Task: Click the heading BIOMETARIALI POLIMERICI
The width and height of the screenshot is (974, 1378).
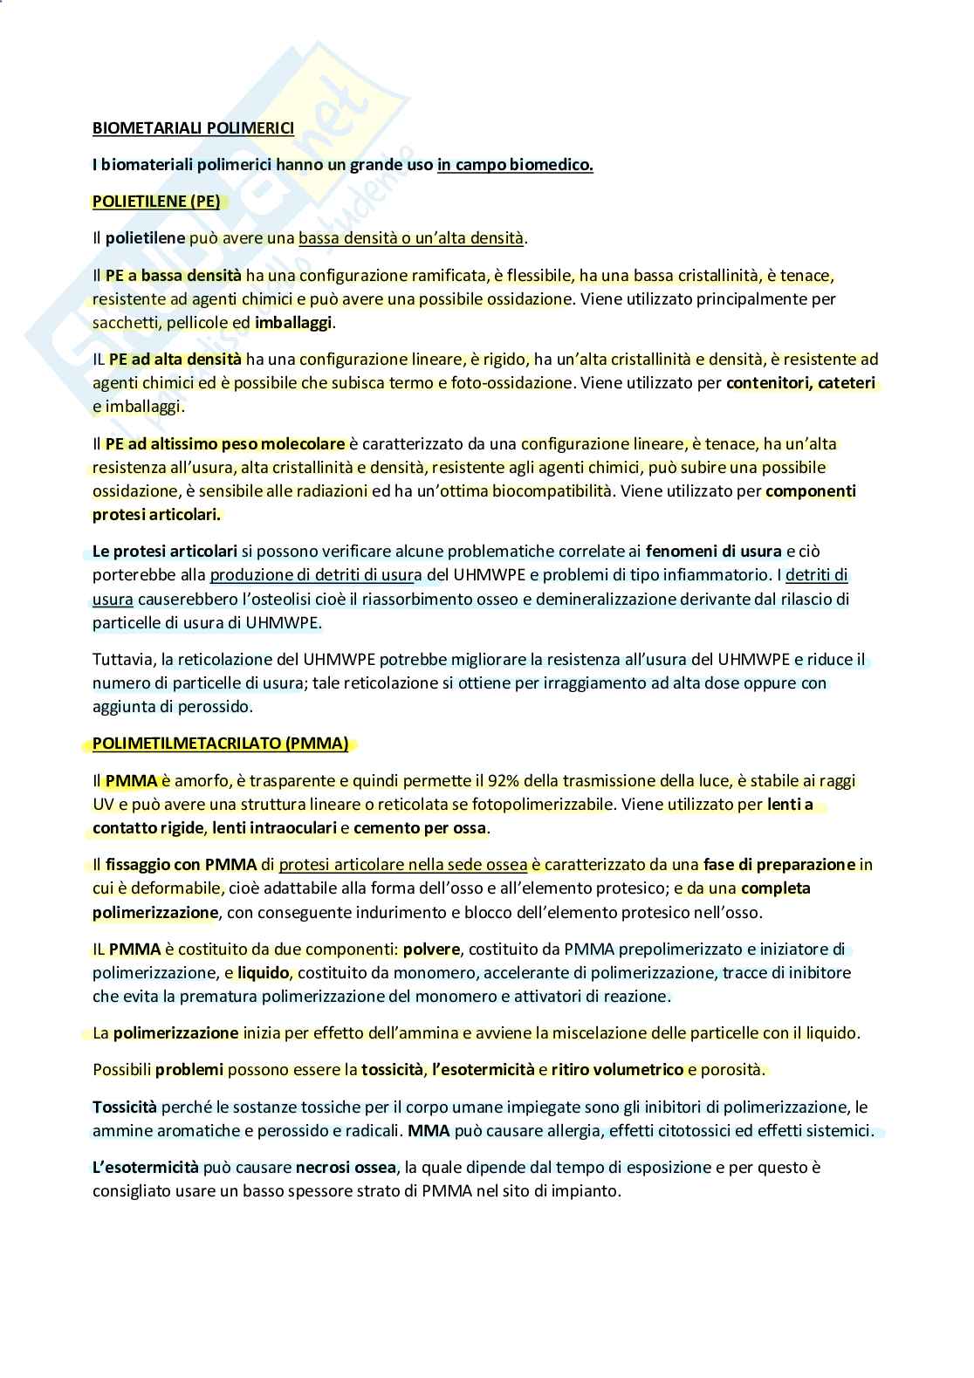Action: point(193,128)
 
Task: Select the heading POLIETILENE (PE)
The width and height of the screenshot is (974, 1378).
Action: point(156,201)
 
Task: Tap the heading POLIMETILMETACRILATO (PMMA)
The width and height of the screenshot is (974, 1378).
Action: point(221,744)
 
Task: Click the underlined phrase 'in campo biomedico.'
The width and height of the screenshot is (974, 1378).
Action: point(515,164)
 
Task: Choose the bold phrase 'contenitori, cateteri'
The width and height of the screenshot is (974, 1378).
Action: point(800,382)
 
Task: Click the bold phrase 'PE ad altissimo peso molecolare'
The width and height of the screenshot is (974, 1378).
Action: point(226,443)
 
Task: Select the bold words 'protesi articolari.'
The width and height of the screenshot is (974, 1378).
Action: point(156,514)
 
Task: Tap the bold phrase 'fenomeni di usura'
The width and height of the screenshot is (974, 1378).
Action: point(713,551)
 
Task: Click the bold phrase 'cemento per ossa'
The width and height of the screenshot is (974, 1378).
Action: point(420,827)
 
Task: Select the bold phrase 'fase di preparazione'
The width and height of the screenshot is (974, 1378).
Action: point(779,864)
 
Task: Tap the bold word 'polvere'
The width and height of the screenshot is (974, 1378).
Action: point(431,949)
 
